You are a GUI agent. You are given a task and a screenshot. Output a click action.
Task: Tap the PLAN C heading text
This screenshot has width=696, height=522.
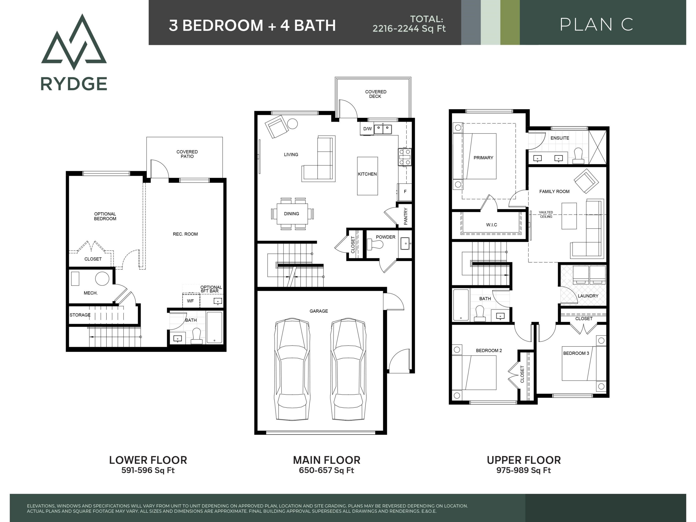596,25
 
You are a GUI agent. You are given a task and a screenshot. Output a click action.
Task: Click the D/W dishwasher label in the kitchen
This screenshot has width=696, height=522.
367,129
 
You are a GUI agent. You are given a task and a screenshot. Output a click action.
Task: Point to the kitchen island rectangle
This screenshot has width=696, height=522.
367,176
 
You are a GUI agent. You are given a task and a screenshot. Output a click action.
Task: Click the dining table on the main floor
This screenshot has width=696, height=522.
292,214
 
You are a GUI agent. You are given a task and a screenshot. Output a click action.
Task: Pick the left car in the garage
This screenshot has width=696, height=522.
292,369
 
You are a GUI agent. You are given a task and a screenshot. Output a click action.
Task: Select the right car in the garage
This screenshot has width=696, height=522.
348,369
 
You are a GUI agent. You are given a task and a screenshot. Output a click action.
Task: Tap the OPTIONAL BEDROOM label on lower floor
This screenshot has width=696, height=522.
105,216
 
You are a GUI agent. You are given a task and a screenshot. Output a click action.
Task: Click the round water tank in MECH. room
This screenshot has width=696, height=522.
102,278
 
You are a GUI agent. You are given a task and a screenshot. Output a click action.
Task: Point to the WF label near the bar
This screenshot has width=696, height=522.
190,301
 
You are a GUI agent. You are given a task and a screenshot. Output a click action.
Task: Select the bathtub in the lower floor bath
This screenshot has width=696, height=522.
214,327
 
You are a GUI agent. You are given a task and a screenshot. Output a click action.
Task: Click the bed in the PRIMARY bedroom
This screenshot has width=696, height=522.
474,156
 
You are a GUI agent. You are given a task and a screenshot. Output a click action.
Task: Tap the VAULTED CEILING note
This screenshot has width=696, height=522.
546,214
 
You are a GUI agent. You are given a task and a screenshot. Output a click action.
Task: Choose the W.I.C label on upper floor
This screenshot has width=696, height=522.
491,225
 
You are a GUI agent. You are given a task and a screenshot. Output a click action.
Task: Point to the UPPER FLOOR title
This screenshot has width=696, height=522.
524,460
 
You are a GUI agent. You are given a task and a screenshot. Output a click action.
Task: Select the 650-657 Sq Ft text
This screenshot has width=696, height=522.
327,470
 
